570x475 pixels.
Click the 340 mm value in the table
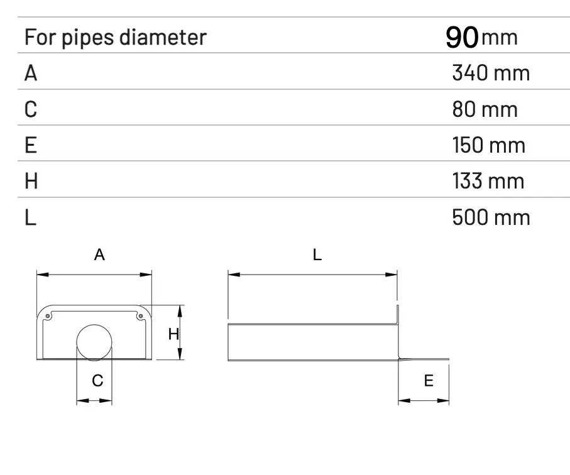[491, 73]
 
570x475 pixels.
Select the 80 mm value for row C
[485, 109]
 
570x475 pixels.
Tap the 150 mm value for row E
[489, 145]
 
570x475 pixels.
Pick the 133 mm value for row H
[488, 180]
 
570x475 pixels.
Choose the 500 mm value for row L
[491, 217]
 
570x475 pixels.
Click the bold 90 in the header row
[462, 37]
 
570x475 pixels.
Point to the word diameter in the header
[163, 37]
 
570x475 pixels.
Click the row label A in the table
[31, 73]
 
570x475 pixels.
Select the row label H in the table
[31, 181]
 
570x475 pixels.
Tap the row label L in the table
[31, 217]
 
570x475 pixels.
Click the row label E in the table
[31, 145]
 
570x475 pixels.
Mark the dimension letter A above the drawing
[99, 254]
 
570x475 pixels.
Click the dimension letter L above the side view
[317, 254]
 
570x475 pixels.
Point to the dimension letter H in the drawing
[173, 334]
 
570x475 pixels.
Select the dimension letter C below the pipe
[97, 381]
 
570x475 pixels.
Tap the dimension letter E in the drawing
[429, 381]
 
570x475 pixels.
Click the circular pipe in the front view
[94, 325]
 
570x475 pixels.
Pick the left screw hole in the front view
[48, 316]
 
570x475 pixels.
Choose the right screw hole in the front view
[141, 316]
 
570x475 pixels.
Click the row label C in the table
[31, 109]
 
